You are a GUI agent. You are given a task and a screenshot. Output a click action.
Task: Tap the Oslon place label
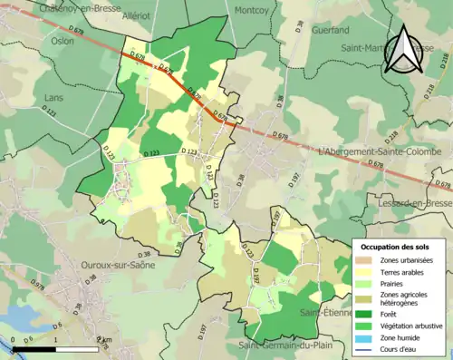coord(63,41)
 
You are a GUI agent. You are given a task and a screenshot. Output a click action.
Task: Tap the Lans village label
coord(54,97)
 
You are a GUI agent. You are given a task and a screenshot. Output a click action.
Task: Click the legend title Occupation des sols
coord(398,247)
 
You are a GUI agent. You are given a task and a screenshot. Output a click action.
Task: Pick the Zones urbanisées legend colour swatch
coord(366,261)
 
